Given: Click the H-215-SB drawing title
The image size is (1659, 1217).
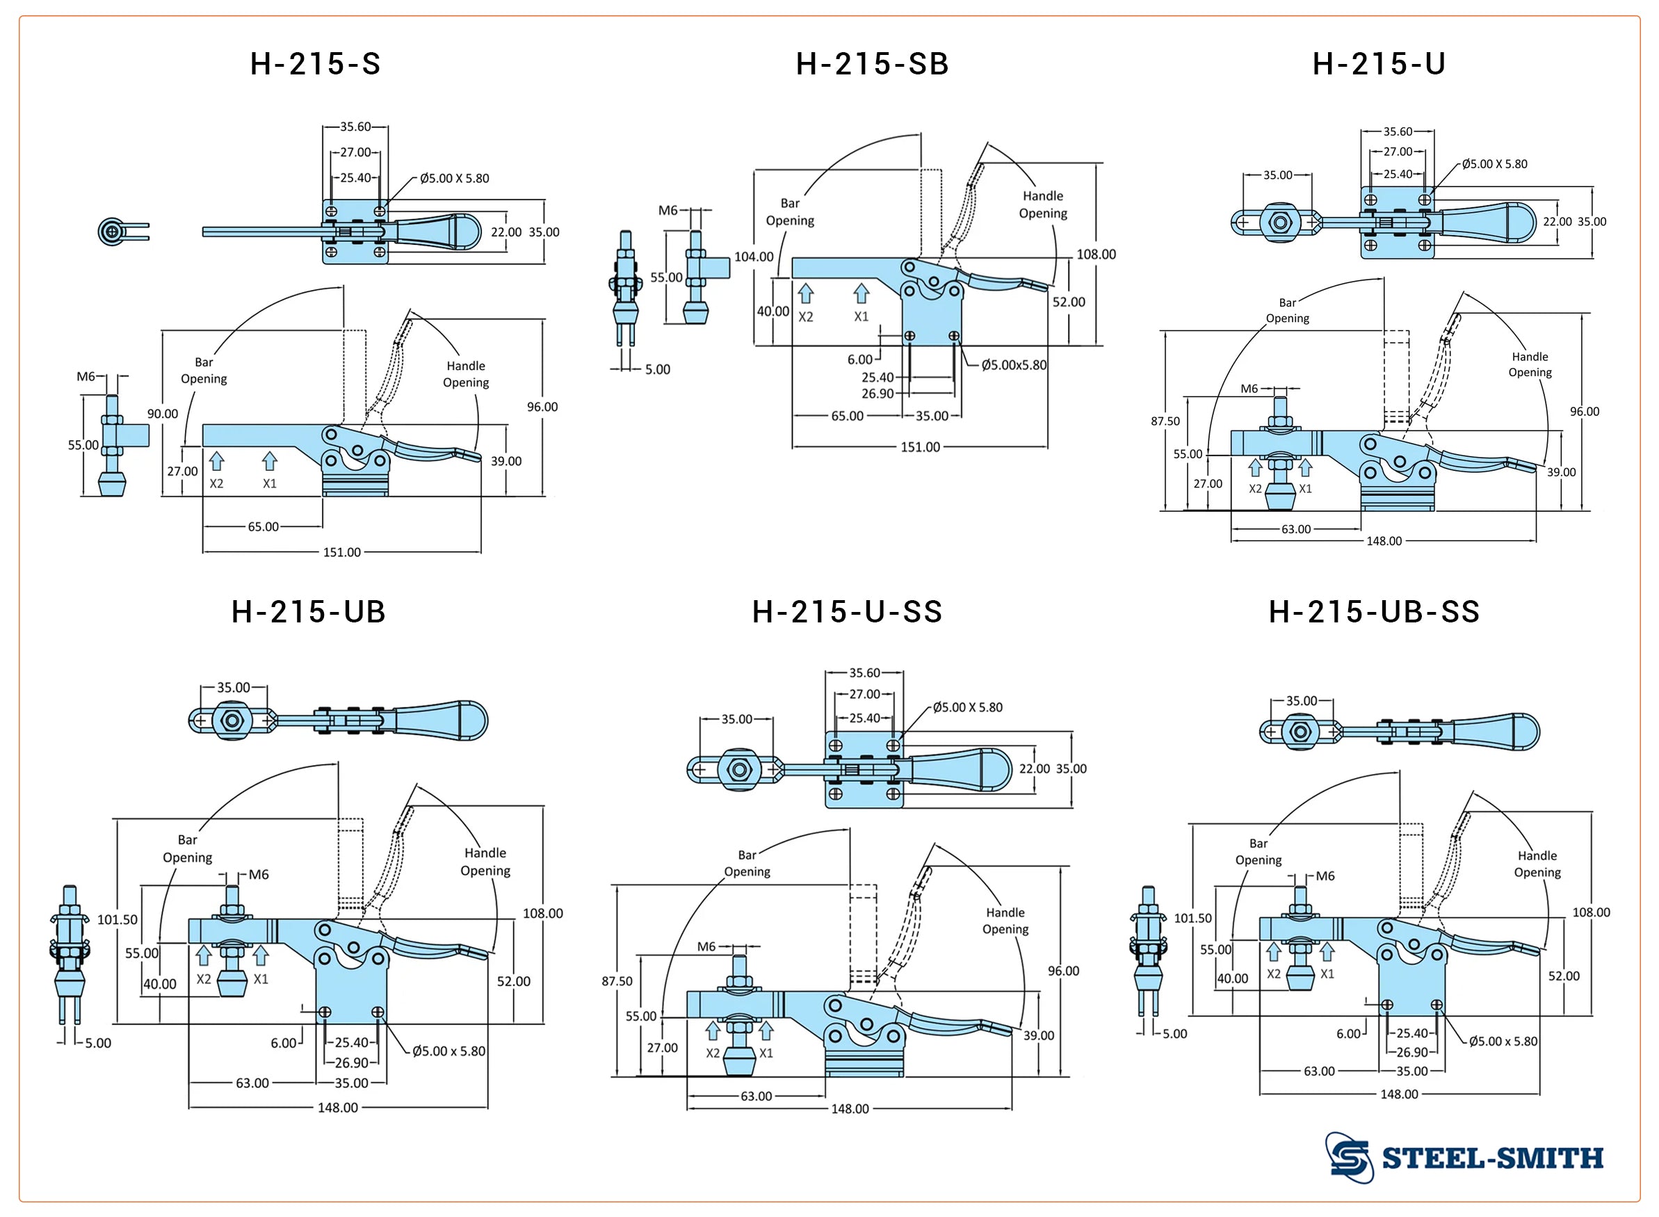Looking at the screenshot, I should [872, 65].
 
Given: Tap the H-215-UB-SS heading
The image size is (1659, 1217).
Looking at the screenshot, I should [1373, 612].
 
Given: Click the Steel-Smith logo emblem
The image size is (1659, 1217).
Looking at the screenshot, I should [1350, 1157].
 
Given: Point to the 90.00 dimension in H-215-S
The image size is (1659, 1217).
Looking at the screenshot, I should [162, 414].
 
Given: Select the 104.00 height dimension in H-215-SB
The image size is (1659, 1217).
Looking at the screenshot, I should [754, 257].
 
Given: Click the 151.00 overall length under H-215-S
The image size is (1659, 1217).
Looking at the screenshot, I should [341, 552].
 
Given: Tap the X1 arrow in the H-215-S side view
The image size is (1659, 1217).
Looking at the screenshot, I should [270, 462].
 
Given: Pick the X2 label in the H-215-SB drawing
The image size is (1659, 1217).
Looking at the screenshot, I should [806, 317].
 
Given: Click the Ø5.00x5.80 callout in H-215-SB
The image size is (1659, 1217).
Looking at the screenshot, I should [1013, 365].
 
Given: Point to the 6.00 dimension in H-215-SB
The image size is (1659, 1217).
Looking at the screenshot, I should [859, 360].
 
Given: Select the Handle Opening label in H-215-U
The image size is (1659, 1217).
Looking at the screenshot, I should [1530, 364].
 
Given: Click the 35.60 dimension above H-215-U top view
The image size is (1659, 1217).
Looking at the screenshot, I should [1397, 132].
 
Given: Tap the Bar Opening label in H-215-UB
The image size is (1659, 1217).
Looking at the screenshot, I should [187, 848].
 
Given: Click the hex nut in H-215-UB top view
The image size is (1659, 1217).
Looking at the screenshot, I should [232, 720].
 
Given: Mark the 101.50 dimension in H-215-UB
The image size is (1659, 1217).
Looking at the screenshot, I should [117, 919].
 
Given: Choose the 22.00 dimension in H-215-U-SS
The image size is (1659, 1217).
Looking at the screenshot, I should [1034, 769].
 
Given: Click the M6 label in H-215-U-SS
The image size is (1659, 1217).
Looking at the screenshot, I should [706, 946].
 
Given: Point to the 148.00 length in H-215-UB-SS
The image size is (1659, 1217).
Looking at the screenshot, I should [1398, 1095].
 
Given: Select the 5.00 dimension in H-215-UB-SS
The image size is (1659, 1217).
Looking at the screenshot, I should [1174, 1034].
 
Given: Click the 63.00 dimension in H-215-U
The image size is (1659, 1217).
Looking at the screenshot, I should [1295, 530].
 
